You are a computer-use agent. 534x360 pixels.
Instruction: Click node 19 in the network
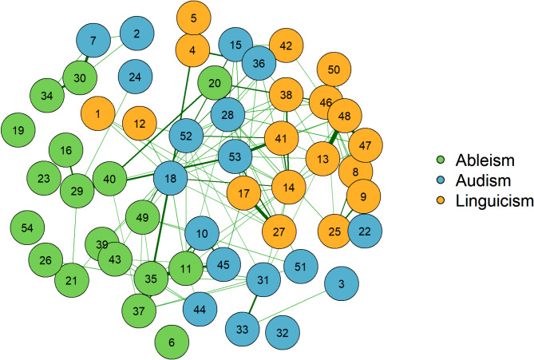click(20, 129)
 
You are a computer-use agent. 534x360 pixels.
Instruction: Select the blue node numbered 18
click(169, 179)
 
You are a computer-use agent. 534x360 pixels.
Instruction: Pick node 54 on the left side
click(27, 229)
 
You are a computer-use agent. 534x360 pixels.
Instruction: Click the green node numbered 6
click(171, 342)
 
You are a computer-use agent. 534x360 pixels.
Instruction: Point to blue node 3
click(341, 284)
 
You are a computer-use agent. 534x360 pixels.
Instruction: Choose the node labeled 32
click(281, 330)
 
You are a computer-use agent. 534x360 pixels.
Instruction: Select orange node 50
click(334, 70)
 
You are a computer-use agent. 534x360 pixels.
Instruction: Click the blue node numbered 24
click(135, 77)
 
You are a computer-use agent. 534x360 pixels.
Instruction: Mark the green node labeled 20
click(214, 83)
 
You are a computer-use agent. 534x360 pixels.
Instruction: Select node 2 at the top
click(136, 34)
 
